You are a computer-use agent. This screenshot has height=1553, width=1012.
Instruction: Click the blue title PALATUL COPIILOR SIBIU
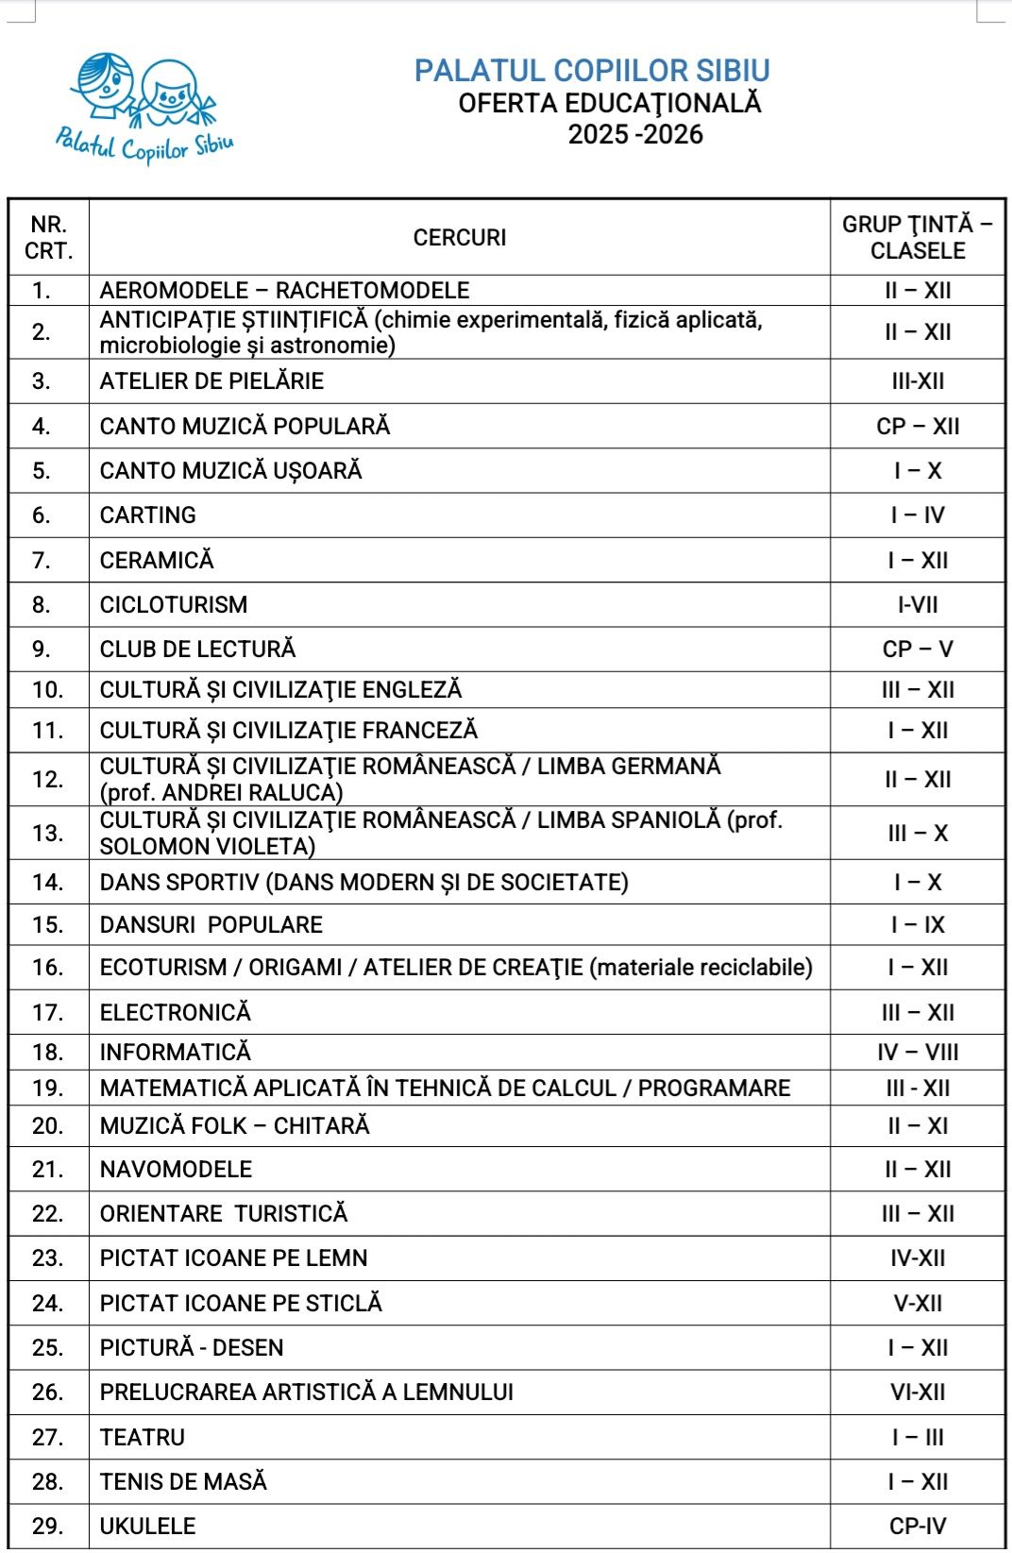point(592,71)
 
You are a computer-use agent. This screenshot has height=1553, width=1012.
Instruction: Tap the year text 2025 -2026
point(635,134)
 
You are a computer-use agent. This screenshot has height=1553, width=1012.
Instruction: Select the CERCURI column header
point(460,238)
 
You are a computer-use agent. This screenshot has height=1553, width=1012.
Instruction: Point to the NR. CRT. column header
point(48,238)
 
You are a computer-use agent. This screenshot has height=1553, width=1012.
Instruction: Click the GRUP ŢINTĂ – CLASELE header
point(918,238)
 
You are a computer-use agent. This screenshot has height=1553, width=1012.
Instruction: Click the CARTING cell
point(148,515)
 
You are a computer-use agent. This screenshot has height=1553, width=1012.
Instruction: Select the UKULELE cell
point(148,1527)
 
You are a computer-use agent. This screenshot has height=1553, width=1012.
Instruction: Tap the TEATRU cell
point(143,1438)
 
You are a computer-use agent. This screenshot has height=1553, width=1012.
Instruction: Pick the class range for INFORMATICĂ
point(918,1053)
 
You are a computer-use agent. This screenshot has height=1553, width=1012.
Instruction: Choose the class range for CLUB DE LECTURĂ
point(918,650)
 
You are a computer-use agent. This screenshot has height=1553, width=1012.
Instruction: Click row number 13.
point(47,834)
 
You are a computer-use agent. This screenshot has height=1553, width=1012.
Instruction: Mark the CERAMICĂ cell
point(157,561)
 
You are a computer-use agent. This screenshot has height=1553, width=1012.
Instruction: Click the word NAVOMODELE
point(176,1170)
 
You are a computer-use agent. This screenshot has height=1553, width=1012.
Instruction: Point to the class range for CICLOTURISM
point(918,605)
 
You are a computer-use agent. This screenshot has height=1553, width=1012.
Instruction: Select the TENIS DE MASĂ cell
point(183,1482)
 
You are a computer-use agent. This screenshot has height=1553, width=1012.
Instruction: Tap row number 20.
point(47,1126)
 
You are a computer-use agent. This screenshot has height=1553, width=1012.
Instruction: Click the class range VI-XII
point(918,1393)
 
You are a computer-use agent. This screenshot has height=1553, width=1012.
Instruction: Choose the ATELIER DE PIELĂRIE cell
point(211,381)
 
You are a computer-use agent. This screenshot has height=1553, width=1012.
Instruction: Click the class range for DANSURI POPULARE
point(918,925)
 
